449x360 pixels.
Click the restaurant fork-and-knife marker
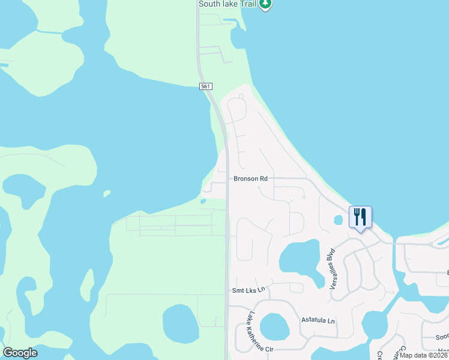[360, 217]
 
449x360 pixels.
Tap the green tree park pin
[265, 4]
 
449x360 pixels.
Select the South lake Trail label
[228, 4]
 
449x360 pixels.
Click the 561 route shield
[206, 87]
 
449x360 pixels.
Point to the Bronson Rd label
[250, 179]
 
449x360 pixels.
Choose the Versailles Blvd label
[331, 269]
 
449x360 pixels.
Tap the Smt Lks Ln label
[248, 290]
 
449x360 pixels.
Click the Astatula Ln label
[318, 320]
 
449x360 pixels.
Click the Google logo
[20, 353]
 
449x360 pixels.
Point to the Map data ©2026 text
[424, 355]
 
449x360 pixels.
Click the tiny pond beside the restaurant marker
[337, 220]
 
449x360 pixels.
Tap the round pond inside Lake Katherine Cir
[274, 327]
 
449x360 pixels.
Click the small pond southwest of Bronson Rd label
[203, 201]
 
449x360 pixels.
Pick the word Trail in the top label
[248, 4]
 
